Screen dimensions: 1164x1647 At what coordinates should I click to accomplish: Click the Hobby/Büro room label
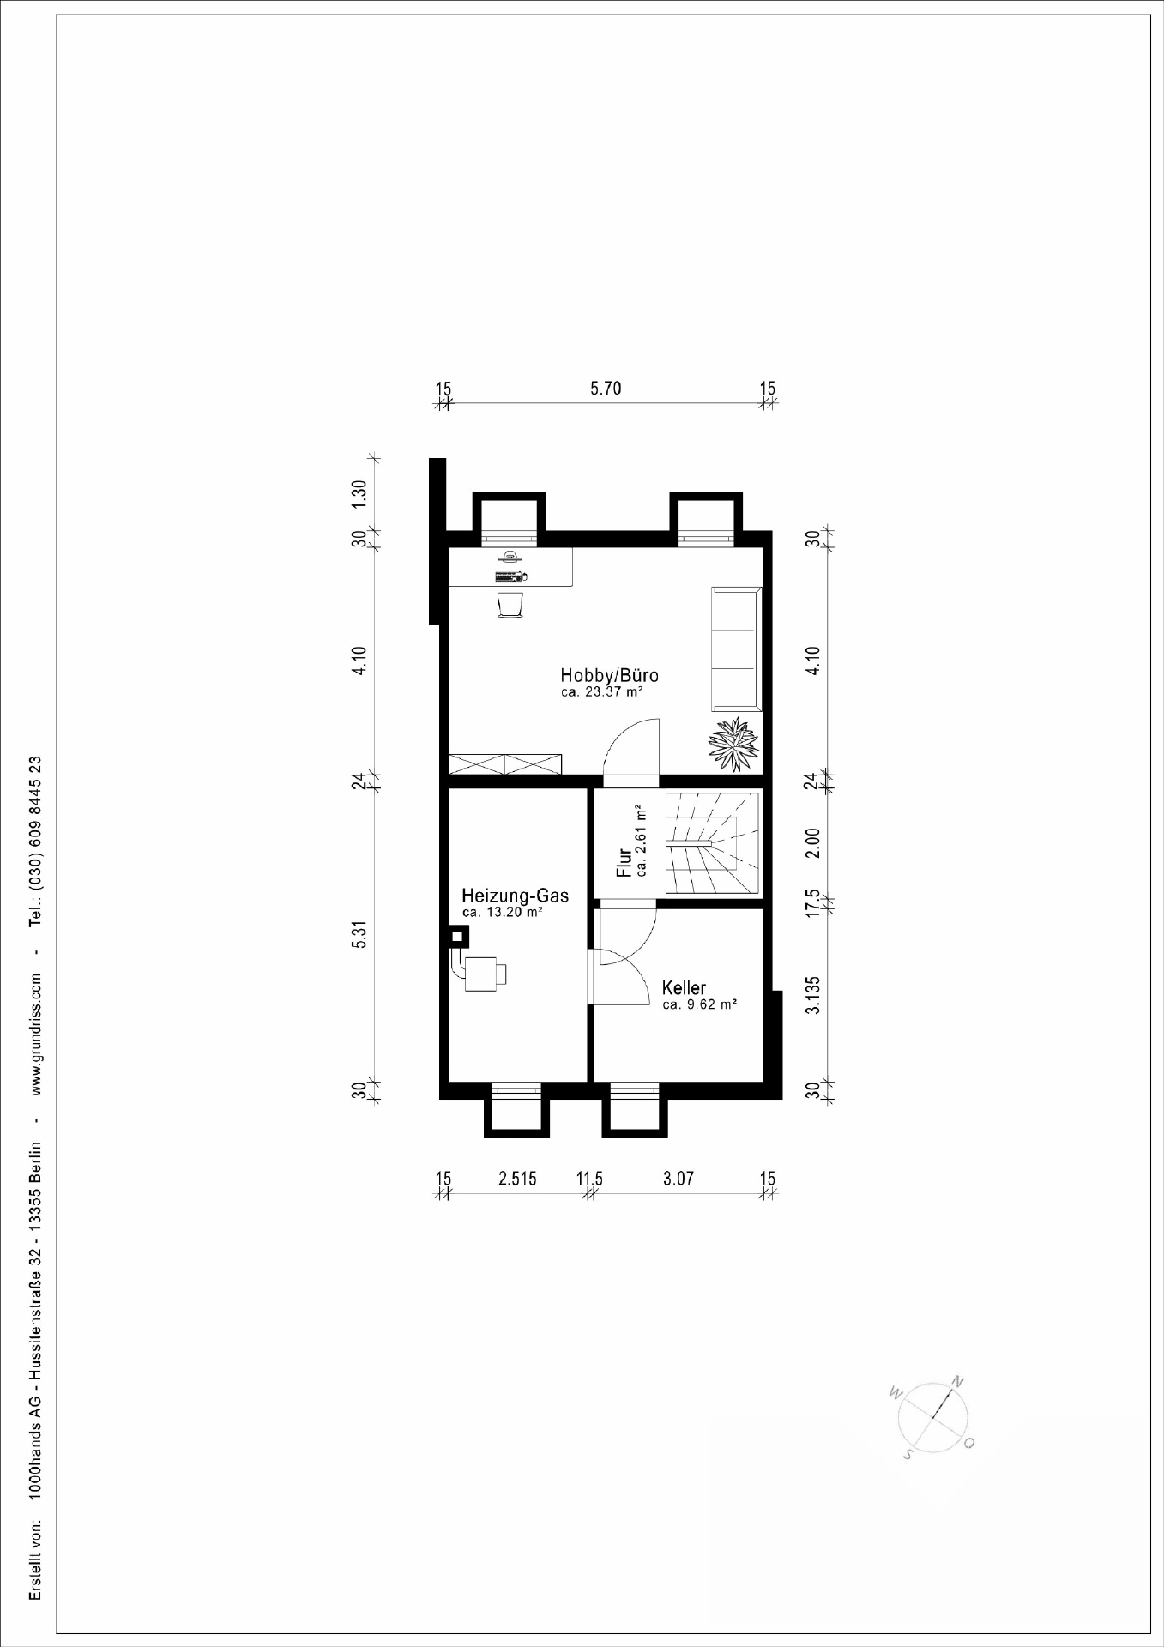(609, 674)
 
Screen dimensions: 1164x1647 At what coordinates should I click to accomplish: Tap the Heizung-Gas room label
(515, 896)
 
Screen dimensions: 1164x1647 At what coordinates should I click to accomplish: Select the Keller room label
(684, 988)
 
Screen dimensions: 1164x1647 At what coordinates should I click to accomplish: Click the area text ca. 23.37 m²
(602, 691)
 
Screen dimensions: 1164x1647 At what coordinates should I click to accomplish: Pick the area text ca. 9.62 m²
(700, 1004)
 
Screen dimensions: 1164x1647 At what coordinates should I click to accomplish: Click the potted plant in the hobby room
(733, 745)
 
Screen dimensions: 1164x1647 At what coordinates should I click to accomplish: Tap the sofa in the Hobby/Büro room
(736, 649)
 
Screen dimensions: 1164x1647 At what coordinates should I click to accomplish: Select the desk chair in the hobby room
(510, 604)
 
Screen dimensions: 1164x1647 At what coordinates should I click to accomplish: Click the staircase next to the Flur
(714, 843)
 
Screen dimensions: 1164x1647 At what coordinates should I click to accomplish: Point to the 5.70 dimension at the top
(606, 389)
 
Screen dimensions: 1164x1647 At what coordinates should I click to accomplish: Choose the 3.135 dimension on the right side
(814, 994)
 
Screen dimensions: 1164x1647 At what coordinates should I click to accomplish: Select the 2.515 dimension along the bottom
(517, 1179)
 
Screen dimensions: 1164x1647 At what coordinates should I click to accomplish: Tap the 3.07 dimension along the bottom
(678, 1179)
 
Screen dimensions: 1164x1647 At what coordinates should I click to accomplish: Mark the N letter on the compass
(958, 1381)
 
